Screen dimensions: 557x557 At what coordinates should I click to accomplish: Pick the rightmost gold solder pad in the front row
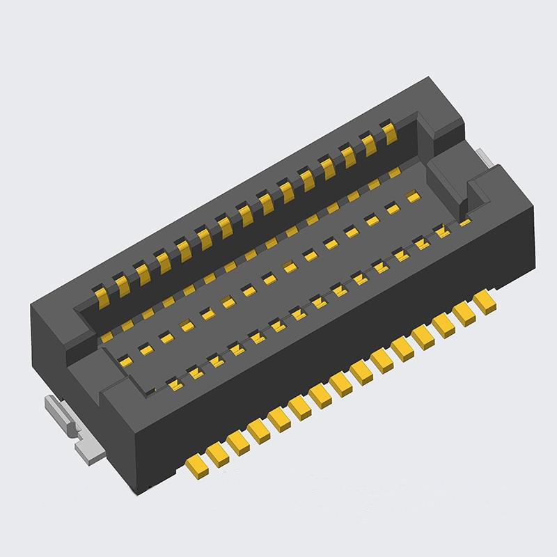tap(483, 300)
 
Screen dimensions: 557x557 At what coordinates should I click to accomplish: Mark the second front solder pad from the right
tap(463, 311)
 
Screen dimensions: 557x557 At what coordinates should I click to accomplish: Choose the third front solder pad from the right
tap(443, 322)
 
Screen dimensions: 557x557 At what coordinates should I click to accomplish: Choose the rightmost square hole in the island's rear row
tap(411, 197)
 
